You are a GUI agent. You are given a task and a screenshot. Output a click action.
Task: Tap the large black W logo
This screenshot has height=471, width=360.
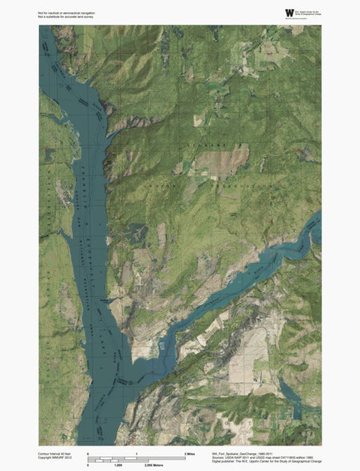point(289,13)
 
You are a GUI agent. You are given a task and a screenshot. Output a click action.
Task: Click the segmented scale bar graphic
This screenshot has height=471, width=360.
point(136,458)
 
